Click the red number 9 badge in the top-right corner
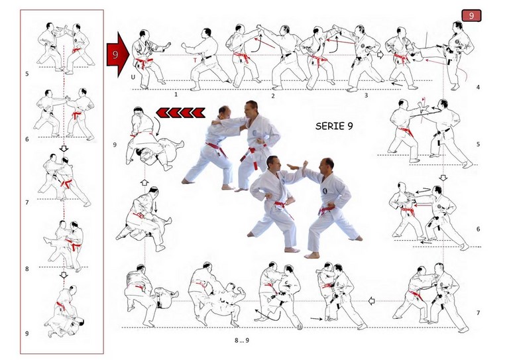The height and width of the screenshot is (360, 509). click(471, 16)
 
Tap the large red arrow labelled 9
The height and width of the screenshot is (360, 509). click(118, 54)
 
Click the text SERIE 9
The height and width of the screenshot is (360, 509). click(334, 126)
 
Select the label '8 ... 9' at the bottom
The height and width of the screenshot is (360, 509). click(242, 340)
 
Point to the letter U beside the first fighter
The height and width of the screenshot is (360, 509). click(133, 78)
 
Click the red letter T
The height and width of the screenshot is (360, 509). click(195, 60)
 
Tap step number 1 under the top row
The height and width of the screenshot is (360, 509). click(176, 94)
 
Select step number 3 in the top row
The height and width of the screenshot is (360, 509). click(366, 95)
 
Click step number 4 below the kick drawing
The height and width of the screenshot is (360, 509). click(478, 87)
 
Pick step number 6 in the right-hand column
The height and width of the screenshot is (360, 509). click(478, 229)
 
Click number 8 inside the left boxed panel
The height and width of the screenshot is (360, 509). click(27, 269)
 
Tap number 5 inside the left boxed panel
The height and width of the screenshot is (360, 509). click(27, 74)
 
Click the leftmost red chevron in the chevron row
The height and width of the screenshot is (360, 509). click(162, 113)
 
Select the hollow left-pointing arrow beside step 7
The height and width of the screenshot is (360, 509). click(372, 301)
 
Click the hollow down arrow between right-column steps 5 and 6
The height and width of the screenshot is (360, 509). click(443, 178)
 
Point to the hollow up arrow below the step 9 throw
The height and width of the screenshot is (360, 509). click(144, 182)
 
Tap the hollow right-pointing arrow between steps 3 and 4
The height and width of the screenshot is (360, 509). click(380, 55)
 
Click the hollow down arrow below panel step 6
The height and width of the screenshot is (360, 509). click(64, 149)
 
